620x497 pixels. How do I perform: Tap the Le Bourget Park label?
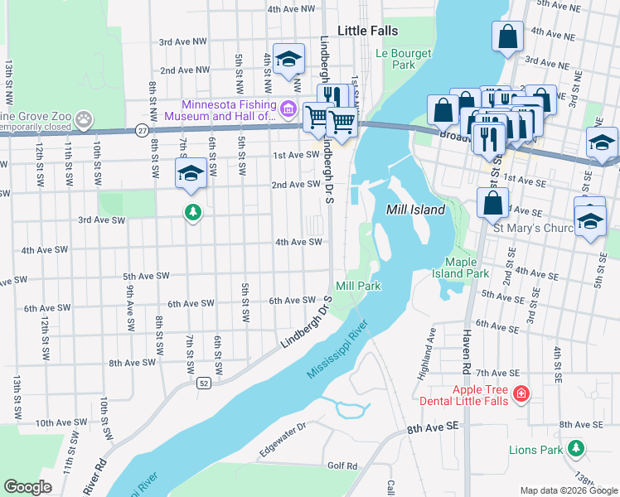(394, 59)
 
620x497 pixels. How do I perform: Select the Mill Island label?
(416, 210)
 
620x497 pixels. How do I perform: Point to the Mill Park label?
(358, 286)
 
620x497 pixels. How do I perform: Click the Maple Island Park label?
(460, 268)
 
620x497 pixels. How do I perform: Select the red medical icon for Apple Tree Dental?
(521, 393)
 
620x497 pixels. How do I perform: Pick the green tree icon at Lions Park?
(576, 449)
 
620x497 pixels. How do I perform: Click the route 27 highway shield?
(143, 130)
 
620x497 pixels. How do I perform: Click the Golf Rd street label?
(341, 466)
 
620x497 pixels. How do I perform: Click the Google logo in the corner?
(27, 487)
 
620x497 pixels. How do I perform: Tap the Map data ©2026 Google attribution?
(569, 491)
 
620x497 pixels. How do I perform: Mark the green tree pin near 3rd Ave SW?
(192, 213)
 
